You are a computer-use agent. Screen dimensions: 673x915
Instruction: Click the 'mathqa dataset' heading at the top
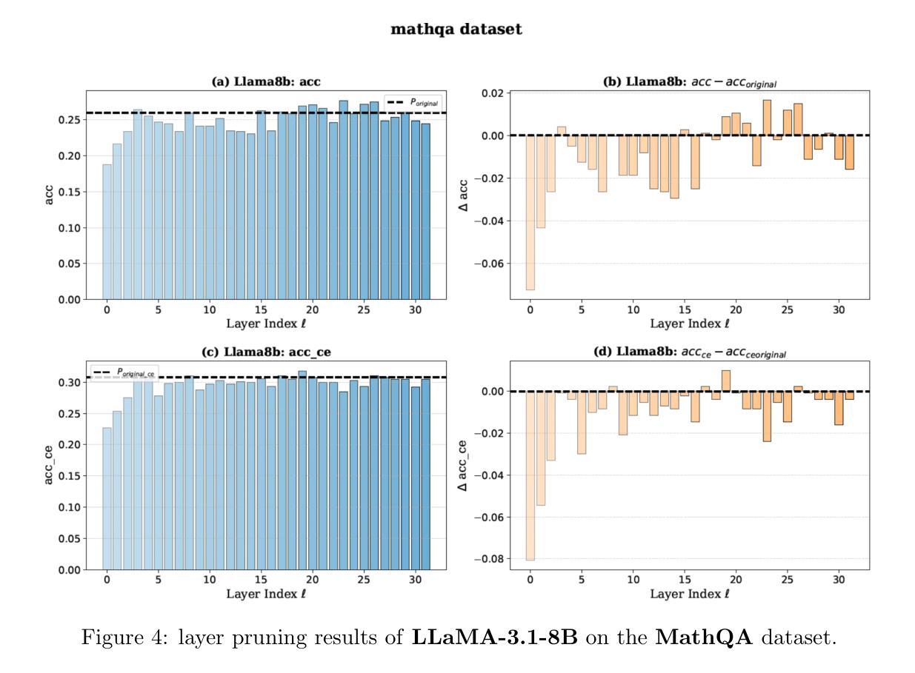tap(458, 30)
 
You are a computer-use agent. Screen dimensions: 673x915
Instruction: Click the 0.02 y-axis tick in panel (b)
tap(491, 93)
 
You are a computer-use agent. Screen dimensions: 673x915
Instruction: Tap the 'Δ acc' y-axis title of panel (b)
tap(462, 194)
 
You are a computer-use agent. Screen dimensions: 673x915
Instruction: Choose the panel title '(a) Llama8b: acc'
tap(266, 82)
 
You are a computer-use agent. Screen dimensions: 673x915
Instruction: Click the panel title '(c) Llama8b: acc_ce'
tap(266, 352)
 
